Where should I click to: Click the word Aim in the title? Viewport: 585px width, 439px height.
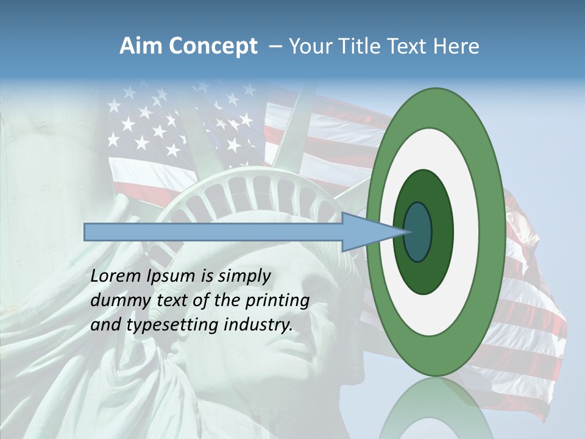coord(140,46)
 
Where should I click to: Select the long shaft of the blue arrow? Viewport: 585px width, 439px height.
coord(213,232)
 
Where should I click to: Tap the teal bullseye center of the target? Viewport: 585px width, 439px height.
coord(418,232)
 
